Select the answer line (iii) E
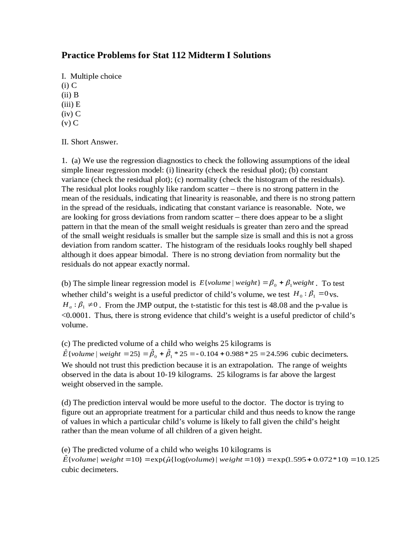click(x=71, y=104)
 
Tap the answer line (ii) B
click(x=70, y=95)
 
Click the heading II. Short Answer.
click(x=90, y=142)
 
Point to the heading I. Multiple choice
click(x=92, y=76)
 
